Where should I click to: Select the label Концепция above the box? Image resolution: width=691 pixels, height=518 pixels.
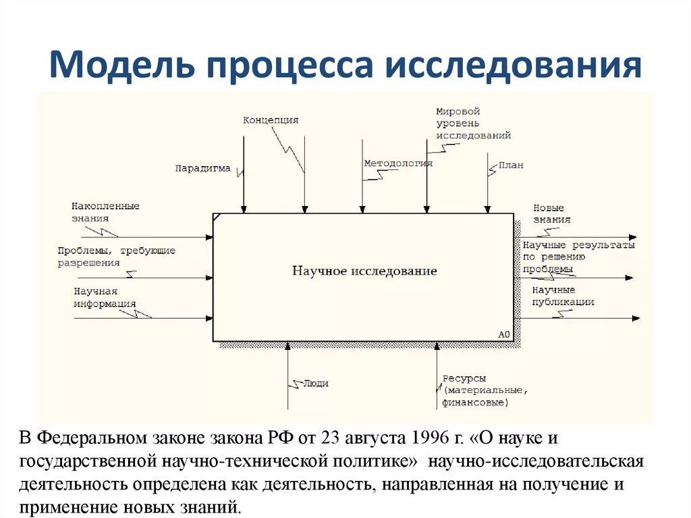pyautogui.click(x=271, y=120)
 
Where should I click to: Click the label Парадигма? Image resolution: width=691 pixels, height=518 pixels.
pyautogui.click(x=202, y=168)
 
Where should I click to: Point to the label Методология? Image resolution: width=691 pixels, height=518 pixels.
pyautogui.click(x=398, y=163)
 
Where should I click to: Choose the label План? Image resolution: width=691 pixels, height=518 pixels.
pyautogui.click(x=511, y=165)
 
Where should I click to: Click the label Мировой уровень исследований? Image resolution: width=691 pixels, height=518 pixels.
pyautogui.click(x=472, y=124)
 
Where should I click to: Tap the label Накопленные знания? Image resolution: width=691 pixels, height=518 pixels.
pyautogui.click(x=105, y=212)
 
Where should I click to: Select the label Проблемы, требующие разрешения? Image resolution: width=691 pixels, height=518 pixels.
pyautogui.click(x=116, y=256)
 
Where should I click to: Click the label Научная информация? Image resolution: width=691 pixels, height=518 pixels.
pyautogui.click(x=105, y=297)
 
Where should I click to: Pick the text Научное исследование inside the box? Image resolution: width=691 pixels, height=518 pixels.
pyautogui.click(x=364, y=271)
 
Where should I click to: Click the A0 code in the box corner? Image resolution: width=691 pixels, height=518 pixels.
pyautogui.click(x=504, y=334)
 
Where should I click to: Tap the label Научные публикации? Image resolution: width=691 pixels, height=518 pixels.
pyautogui.click(x=563, y=296)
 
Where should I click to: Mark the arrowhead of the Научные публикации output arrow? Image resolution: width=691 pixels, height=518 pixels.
pyautogui.click(x=632, y=317)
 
